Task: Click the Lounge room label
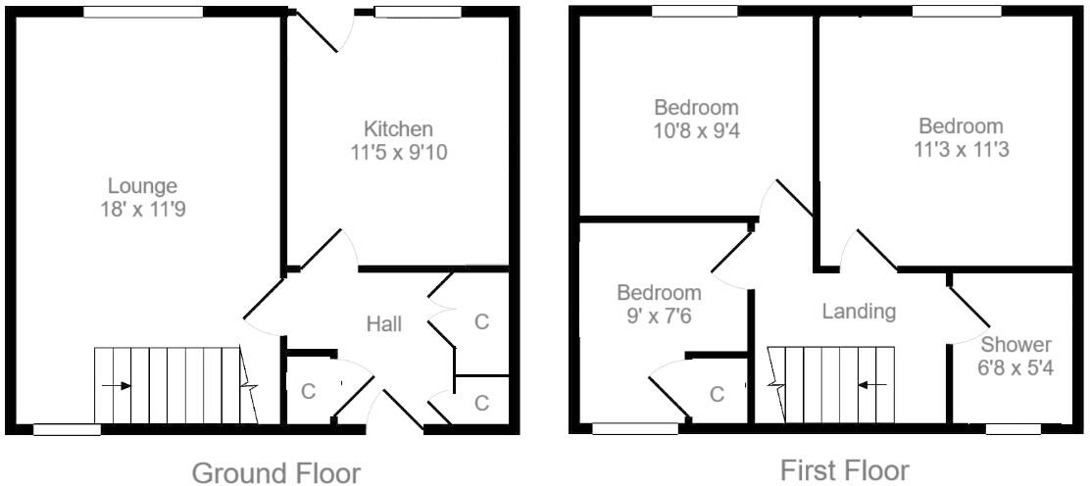[x=142, y=185]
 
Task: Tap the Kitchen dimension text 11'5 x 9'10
[x=398, y=152]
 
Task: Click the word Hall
[x=383, y=323]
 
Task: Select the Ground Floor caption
[x=275, y=473]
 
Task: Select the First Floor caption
[x=844, y=470]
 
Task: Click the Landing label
[x=859, y=312]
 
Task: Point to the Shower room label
[x=1016, y=345]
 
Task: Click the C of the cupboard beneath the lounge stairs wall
[x=308, y=391]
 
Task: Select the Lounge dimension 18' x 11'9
[x=142, y=208]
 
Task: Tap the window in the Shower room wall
[x=1013, y=428]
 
